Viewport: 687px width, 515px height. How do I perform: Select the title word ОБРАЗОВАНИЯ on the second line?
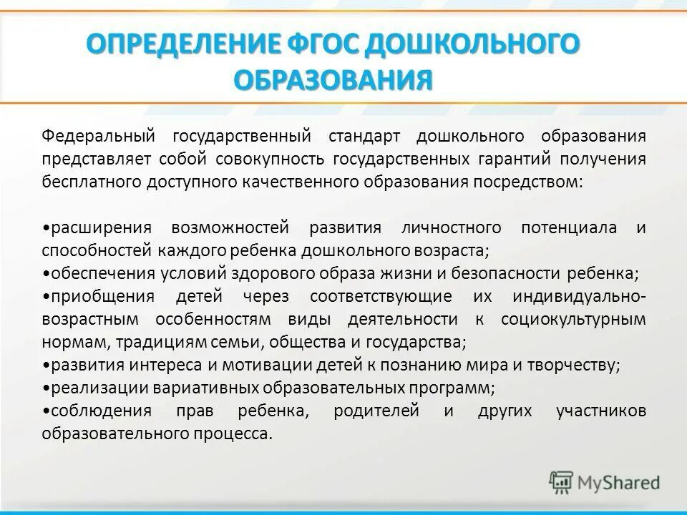point(333,78)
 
